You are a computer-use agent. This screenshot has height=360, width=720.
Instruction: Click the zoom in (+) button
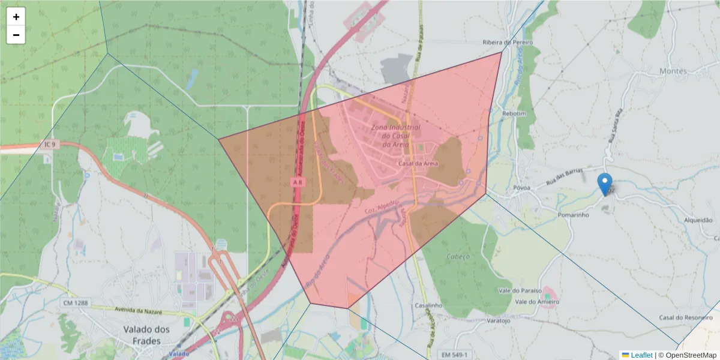(x=16, y=17)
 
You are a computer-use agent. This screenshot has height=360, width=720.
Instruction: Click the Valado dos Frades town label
(x=146, y=335)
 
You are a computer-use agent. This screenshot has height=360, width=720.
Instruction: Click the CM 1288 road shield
(x=75, y=303)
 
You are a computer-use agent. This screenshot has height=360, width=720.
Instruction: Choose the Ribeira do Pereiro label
(x=508, y=43)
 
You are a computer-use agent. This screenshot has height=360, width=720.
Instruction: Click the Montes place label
(x=673, y=71)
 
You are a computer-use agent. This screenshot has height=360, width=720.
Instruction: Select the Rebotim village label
(x=514, y=114)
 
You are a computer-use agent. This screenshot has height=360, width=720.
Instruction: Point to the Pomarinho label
(x=574, y=214)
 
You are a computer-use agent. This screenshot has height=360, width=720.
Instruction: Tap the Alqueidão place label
(x=698, y=220)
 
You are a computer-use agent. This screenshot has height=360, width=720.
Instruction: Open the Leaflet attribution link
(x=641, y=355)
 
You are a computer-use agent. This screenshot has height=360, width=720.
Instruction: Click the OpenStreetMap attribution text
(x=691, y=355)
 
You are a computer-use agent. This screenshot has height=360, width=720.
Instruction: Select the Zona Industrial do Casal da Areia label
(x=395, y=136)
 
